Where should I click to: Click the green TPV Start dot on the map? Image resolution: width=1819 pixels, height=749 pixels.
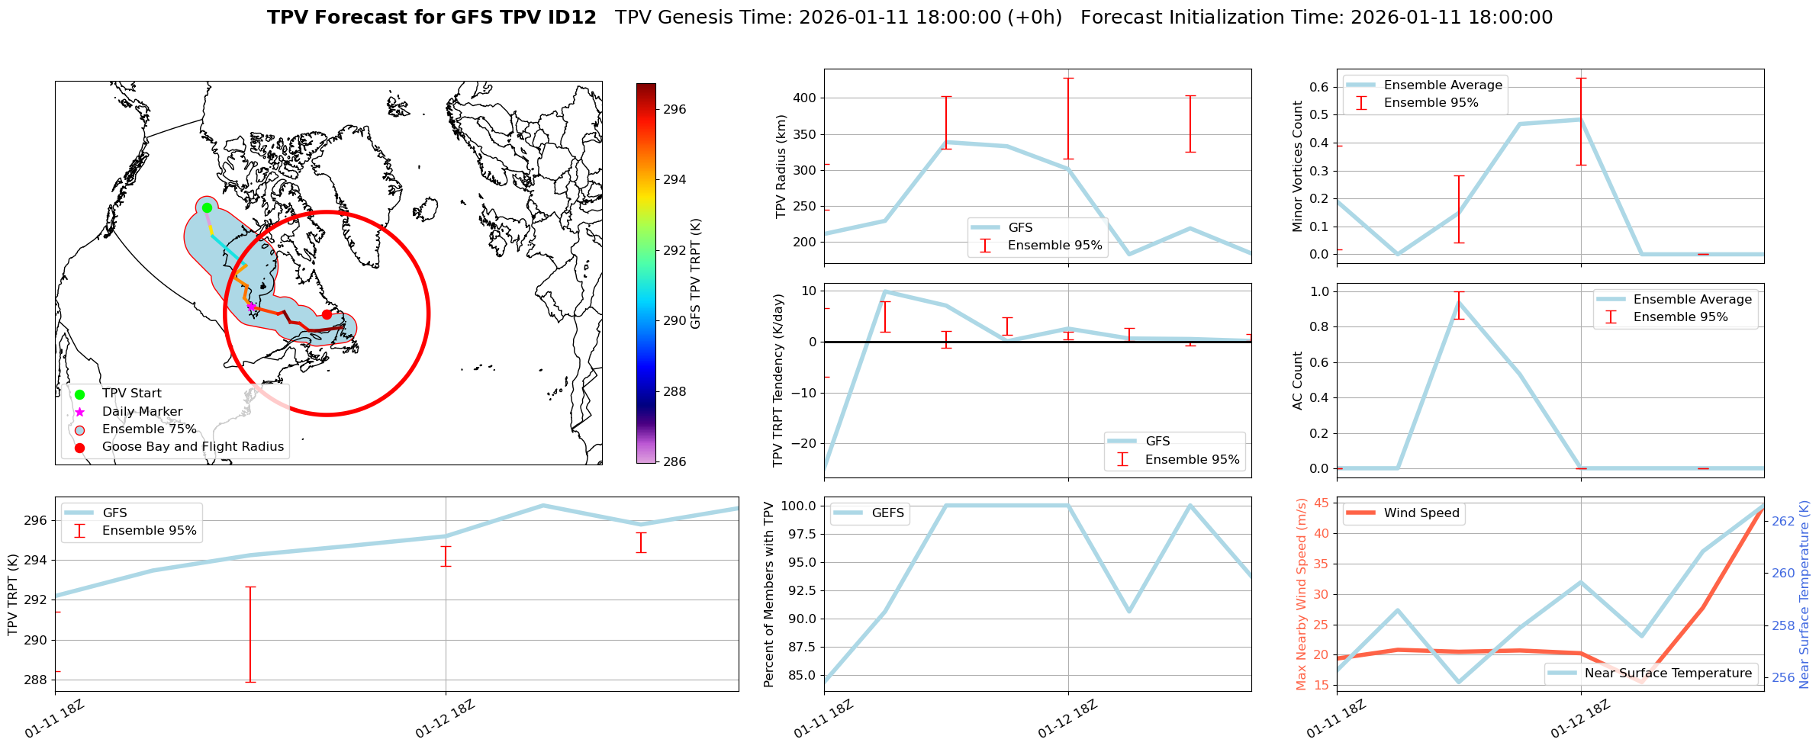207,207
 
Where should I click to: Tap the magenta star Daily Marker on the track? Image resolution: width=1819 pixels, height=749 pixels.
251,306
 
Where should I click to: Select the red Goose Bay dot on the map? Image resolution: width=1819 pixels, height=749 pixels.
327,314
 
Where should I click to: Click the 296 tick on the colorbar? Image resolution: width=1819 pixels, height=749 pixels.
674,109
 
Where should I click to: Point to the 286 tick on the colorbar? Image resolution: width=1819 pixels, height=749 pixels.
674,461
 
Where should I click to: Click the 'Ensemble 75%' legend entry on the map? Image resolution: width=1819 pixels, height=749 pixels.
149,429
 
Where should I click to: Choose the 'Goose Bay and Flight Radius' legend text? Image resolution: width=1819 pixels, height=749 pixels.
192,447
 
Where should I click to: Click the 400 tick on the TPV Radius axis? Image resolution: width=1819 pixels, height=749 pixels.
805,98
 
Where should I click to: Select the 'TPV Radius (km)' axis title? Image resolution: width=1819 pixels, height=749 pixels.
781,166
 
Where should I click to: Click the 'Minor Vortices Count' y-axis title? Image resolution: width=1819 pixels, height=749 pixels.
1298,166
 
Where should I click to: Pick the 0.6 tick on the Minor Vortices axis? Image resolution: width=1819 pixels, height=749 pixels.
1319,87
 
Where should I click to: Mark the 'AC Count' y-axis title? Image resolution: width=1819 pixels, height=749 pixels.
1298,381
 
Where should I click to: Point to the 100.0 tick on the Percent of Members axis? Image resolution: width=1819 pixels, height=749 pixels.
798,506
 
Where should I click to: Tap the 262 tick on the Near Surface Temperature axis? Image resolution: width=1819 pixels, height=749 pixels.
1783,522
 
